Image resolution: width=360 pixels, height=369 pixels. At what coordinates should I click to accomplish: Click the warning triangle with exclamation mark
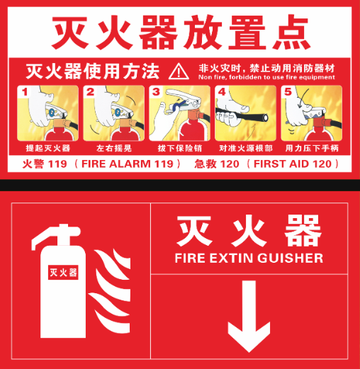point(179,72)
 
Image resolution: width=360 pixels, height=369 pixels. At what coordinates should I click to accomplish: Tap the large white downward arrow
point(249,317)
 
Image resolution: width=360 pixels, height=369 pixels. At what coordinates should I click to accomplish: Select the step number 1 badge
point(25,92)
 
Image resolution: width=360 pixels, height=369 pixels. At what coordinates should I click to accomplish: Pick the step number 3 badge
point(156,92)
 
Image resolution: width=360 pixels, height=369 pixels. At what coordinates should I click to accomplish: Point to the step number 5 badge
point(288,92)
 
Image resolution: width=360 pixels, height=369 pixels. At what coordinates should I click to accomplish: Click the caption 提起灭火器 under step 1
point(48,148)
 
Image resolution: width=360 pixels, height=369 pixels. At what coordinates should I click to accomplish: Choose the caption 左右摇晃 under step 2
point(114,148)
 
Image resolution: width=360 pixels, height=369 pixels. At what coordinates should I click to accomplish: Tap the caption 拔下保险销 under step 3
point(180,148)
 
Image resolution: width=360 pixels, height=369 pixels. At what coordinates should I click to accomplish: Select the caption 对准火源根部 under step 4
point(246,148)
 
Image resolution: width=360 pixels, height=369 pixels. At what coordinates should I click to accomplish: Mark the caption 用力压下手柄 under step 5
point(312,148)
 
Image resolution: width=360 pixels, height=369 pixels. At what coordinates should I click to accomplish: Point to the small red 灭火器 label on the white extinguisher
point(63,273)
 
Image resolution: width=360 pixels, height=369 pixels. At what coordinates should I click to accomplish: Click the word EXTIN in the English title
point(230,258)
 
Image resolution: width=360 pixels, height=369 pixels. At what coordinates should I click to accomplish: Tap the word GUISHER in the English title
point(290,258)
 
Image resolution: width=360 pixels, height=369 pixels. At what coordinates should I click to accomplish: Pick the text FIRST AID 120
point(293,164)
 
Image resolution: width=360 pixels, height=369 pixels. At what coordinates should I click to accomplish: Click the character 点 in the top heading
point(291,32)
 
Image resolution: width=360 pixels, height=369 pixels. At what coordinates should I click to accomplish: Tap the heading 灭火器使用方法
point(93,71)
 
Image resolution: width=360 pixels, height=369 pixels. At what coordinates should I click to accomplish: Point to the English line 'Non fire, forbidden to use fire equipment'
point(266,77)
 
